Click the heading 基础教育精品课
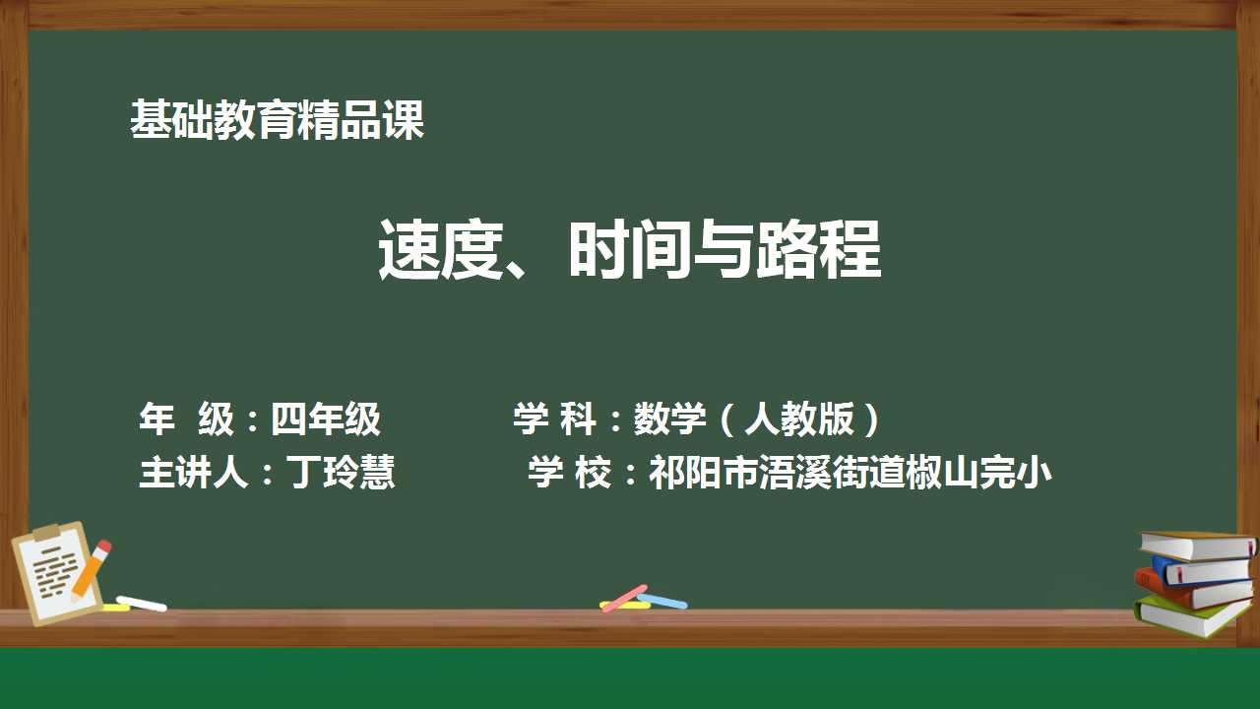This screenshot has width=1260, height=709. pyautogui.click(x=277, y=119)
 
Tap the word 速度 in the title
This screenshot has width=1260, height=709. pyautogui.click(x=440, y=249)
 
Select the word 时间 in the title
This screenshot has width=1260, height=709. pyautogui.click(x=630, y=249)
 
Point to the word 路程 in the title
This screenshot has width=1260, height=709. pyautogui.click(x=818, y=249)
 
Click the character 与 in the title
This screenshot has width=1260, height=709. pyautogui.click(x=724, y=249)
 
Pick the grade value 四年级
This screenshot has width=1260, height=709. pyautogui.click(x=326, y=419)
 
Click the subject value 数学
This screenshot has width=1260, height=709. pyautogui.click(x=670, y=419)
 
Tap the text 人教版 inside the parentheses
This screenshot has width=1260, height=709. pyautogui.click(x=799, y=419)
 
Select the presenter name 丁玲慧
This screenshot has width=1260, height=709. pyautogui.click(x=341, y=472)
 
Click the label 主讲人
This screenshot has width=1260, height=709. pyautogui.click(x=194, y=472)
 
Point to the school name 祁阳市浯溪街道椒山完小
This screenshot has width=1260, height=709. pyautogui.click(x=850, y=472)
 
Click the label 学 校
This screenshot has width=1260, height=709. pyautogui.click(x=569, y=472)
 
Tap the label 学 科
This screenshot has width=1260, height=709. pyautogui.click(x=554, y=419)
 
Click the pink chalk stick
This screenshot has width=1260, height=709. pyautogui.click(x=624, y=598)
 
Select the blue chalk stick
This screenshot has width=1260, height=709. pyautogui.click(x=662, y=602)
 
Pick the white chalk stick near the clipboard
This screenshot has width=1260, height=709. pyautogui.click(x=141, y=604)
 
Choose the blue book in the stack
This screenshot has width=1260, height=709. pyautogui.click(x=1201, y=570)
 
